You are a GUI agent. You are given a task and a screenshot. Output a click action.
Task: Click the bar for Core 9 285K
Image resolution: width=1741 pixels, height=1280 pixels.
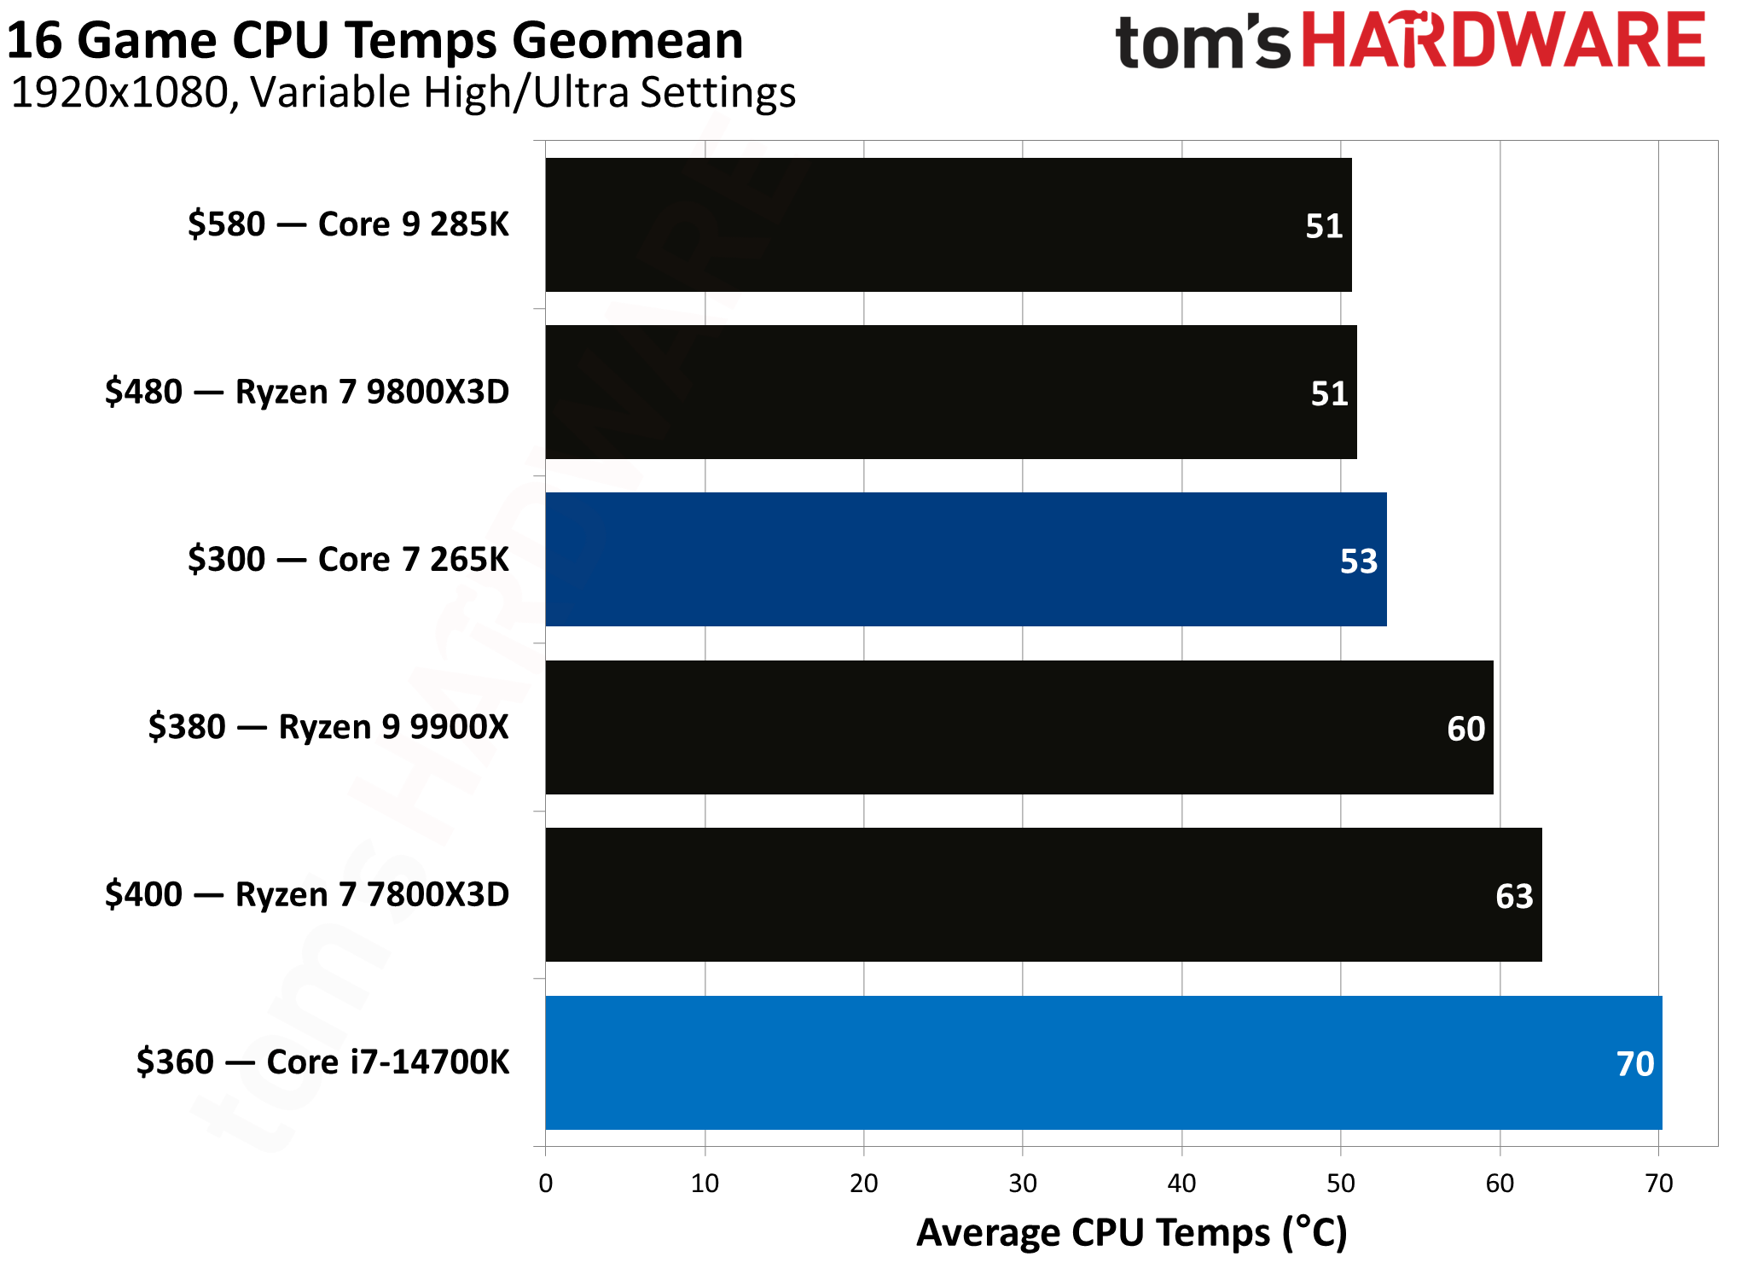(x=947, y=224)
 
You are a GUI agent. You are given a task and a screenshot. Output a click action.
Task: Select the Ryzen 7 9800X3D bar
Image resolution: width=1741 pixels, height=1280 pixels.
(x=950, y=392)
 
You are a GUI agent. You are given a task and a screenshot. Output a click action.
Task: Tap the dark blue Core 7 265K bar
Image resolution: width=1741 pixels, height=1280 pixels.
(x=965, y=559)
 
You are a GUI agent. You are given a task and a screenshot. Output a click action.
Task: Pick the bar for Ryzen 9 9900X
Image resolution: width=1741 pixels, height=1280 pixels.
(x=1018, y=727)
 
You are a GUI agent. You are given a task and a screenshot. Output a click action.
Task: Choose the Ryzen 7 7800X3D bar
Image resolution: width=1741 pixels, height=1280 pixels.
(x=1042, y=894)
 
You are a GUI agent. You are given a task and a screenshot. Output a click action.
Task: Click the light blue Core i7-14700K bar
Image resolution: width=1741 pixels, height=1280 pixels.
(x=1103, y=1062)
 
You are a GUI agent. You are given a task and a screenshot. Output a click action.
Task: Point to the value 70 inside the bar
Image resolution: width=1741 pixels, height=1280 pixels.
(x=1634, y=1064)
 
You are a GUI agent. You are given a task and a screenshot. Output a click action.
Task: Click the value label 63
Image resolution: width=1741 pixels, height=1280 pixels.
(x=1513, y=897)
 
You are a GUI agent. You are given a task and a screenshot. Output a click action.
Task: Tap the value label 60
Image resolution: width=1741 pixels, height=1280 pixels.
(x=1465, y=729)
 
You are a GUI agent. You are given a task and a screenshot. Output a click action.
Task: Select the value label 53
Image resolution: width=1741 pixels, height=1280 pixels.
(x=1358, y=561)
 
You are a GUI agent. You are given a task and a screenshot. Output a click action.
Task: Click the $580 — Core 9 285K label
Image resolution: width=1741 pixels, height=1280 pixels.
(x=348, y=224)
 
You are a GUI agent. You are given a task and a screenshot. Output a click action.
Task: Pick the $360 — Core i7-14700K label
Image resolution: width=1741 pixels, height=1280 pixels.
(x=322, y=1062)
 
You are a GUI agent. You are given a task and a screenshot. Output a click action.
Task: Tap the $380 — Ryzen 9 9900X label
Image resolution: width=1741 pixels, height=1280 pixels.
(x=328, y=727)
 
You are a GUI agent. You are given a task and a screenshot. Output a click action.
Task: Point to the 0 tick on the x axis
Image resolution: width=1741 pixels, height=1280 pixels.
(x=546, y=1184)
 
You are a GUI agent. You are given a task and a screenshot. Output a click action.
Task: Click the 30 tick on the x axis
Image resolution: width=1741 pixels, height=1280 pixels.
(x=1023, y=1184)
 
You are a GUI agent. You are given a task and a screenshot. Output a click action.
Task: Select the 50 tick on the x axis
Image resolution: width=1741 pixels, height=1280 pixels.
(x=1340, y=1184)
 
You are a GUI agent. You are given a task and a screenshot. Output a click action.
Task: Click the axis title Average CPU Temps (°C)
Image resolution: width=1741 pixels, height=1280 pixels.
(x=1131, y=1233)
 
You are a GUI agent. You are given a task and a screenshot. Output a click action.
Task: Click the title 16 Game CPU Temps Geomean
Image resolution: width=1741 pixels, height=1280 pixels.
(x=375, y=40)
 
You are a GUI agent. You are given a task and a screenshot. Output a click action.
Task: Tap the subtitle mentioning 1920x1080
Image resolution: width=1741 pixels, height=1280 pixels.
(x=403, y=92)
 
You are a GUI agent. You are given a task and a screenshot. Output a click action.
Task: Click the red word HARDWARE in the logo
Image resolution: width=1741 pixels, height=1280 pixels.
(x=1503, y=40)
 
